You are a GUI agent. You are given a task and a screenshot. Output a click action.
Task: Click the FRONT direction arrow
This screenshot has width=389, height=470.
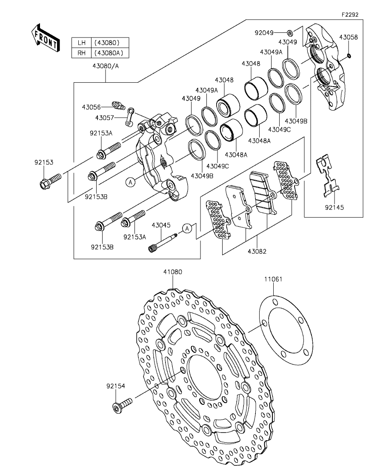click(46, 38)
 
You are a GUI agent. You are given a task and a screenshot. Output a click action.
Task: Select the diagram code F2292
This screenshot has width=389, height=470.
click(350, 14)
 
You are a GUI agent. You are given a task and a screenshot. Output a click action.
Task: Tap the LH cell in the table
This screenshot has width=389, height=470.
click(82, 43)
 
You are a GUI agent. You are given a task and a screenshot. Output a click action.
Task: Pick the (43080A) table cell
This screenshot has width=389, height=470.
click(109, 53)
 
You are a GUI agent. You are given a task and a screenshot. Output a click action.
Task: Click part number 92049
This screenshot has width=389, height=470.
click(264, 32)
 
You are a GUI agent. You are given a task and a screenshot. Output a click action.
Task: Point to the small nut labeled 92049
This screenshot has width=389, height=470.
click(289, 32)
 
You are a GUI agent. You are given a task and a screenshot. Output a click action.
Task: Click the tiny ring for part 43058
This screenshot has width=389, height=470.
click(349, 55)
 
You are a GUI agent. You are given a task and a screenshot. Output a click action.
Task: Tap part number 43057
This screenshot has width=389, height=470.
click(105, 118)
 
